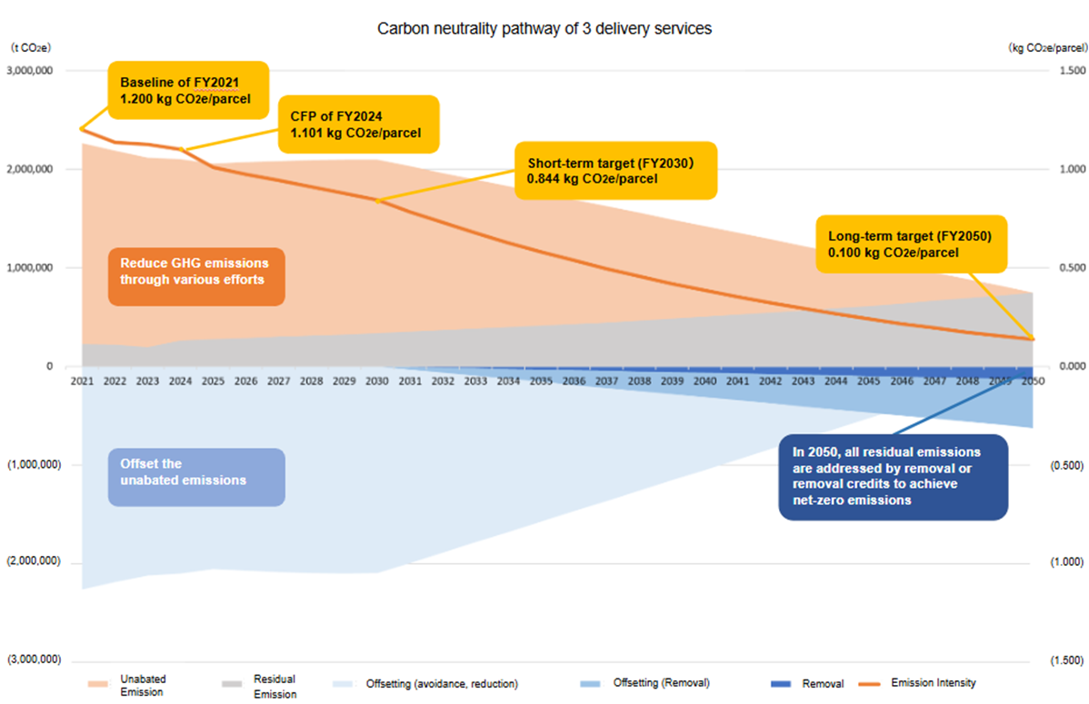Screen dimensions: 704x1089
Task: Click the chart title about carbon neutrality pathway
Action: (544, 28)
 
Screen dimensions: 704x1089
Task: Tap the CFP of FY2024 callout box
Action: (358, 124)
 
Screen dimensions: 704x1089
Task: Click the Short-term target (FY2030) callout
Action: (615, 171)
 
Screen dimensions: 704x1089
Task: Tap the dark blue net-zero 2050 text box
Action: (894, 476)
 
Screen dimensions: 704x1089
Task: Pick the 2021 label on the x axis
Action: (82, 382)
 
